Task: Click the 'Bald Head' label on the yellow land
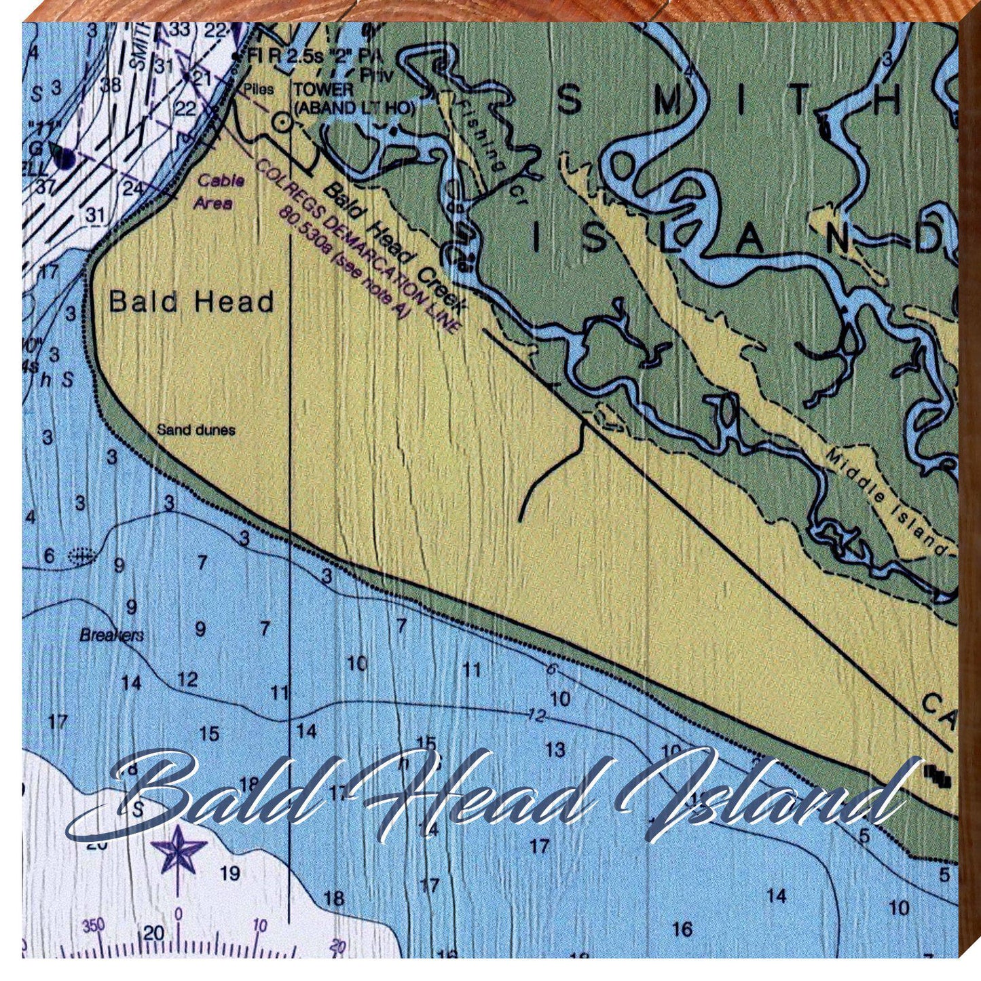(x=191, y=302)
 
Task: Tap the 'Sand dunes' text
(x=196, y=430)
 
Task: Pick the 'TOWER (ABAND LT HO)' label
(x=353, y=98)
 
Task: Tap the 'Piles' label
(x=258, y=89)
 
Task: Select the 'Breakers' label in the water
(x=112, y=635)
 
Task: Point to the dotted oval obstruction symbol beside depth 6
(x=81, y=557)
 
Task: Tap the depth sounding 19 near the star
(x=230, y=873)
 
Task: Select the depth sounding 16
(x=682, y=929)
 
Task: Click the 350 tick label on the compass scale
(x=93, y=925)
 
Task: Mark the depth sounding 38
(x=111, y=84)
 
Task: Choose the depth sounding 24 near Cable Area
(x=133, y=189)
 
